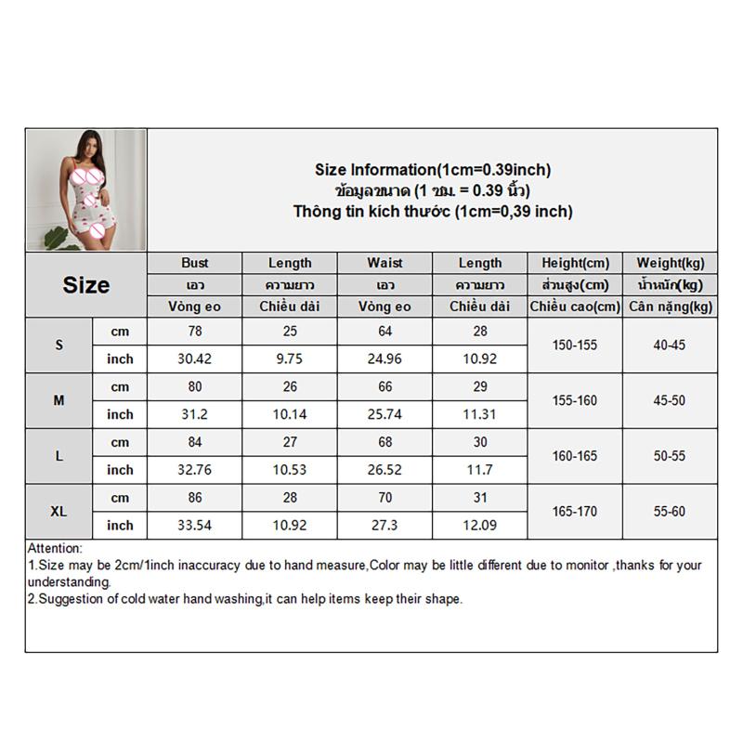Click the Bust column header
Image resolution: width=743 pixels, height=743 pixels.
(x=195, y=263)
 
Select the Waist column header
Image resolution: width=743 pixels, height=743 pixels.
(x=385, y=263)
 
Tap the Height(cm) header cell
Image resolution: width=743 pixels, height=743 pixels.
(x=575, y=263)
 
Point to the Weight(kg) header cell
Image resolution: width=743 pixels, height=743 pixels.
(x=670, y=263)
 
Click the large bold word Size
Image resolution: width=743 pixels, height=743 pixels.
(x=85, y=285)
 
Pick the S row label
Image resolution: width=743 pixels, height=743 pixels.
(x=59, y=345)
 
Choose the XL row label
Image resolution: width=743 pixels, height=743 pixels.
(x=59, y=511)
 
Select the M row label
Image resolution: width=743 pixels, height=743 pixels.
(x=59, y=400)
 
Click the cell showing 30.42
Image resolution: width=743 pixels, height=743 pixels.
(x=195, y=358)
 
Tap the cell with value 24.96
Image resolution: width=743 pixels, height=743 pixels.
(x=385, y=358)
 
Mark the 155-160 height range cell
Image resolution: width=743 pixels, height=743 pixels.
(x=575, y=400)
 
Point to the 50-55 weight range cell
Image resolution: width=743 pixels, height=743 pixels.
(x=670, y=456)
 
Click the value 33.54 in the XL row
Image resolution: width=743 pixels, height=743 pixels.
(x=195, y=525)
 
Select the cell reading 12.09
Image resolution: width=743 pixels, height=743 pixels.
(x=479, y=525)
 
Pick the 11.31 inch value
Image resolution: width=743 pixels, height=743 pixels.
(x=479, y=414)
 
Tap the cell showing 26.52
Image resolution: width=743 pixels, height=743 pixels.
(x=385, y=470)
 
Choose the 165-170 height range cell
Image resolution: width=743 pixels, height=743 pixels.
(x=575, y=511)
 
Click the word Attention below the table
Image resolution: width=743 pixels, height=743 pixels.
(x=55, y=549)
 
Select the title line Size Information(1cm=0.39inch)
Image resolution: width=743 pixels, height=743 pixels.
(x=433, y=170)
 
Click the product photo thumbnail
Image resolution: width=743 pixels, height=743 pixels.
(x=85, y=189)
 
